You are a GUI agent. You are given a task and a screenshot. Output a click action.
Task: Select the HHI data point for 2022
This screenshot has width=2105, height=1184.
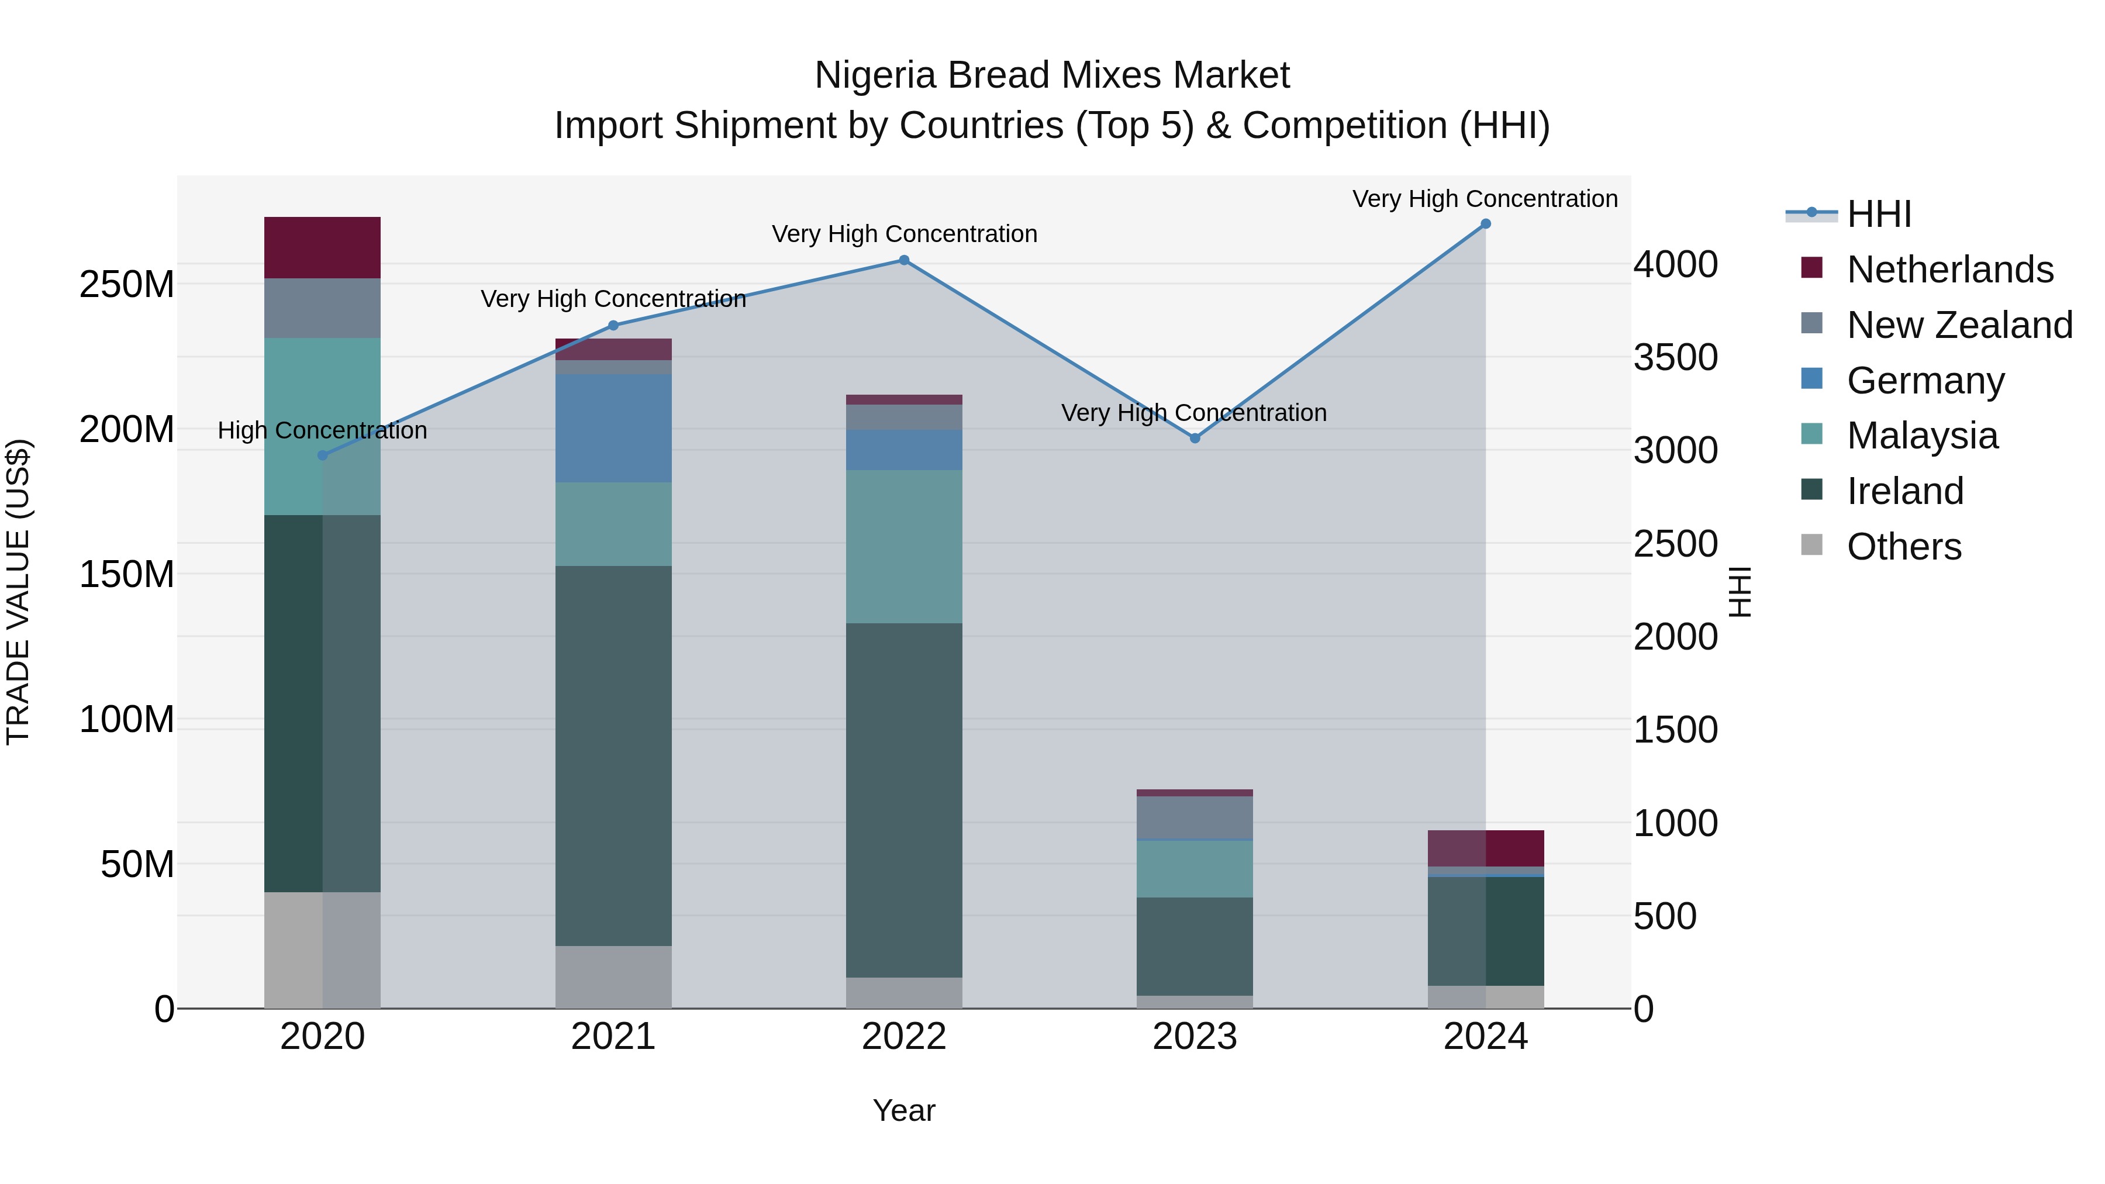pyautogui.click(x=904, y=261)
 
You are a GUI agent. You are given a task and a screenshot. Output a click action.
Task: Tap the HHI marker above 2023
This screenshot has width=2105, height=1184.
pyautogui.click(x=1195, y=438)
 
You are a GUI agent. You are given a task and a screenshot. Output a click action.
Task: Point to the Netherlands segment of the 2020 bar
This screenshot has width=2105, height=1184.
pyautogui.click(x=322, y=247)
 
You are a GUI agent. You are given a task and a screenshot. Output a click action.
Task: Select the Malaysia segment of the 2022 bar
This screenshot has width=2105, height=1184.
pyautogui.click(x=904, y=546)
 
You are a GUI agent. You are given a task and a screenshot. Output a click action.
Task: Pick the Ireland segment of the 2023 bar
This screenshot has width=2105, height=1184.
pyautogui.click(x=1195, y=945)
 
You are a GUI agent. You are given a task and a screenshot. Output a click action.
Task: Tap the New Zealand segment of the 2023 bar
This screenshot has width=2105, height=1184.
pyautogui.click(x=1195, y=817)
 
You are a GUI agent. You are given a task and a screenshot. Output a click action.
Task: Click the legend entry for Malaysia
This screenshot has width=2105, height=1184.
pyautogui.click(x=1922, y=436)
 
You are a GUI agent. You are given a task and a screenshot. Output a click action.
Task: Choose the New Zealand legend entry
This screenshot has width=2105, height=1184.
pyautogui.click(x=1959, y=325)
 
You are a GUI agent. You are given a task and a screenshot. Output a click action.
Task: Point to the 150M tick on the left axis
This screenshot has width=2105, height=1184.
pyautogui.click(x=127, y=574)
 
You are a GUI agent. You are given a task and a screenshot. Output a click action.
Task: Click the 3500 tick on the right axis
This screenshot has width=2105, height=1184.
pyautogui.click(x=1675, y=358)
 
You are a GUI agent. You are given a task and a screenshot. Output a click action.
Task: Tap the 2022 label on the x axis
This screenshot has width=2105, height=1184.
pyautogui.click(x=904, y=1037)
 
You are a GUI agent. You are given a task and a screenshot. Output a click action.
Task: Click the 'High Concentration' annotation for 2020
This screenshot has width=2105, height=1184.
pyautogui.click(x=322, y=430)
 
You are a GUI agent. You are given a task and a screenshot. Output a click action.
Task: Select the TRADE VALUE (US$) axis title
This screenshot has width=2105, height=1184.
pyautogui.click(x=18, y=592)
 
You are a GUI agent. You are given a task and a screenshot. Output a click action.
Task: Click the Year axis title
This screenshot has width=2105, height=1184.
pyautogui.click(x=904, y=1110)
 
